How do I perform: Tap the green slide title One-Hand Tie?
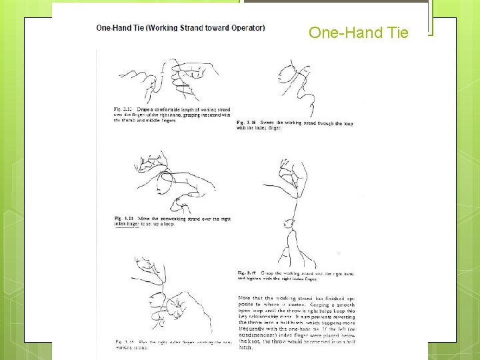tap(358, 32)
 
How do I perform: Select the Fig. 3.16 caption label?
tap(246, 123)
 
